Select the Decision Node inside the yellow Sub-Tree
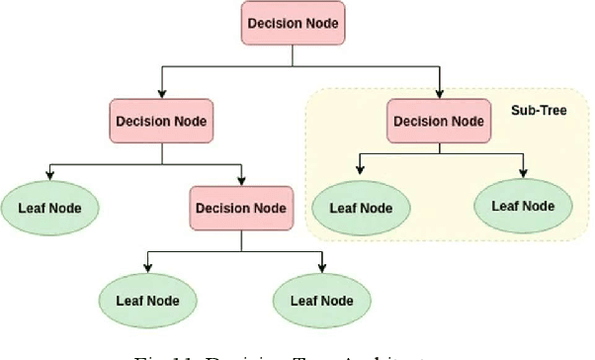coord(437,122)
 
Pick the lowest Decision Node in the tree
coord(242,209)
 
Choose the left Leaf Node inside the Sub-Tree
coord(361,208)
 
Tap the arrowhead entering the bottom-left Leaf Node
coord(147,268)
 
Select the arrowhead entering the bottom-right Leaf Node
coord(322,268)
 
